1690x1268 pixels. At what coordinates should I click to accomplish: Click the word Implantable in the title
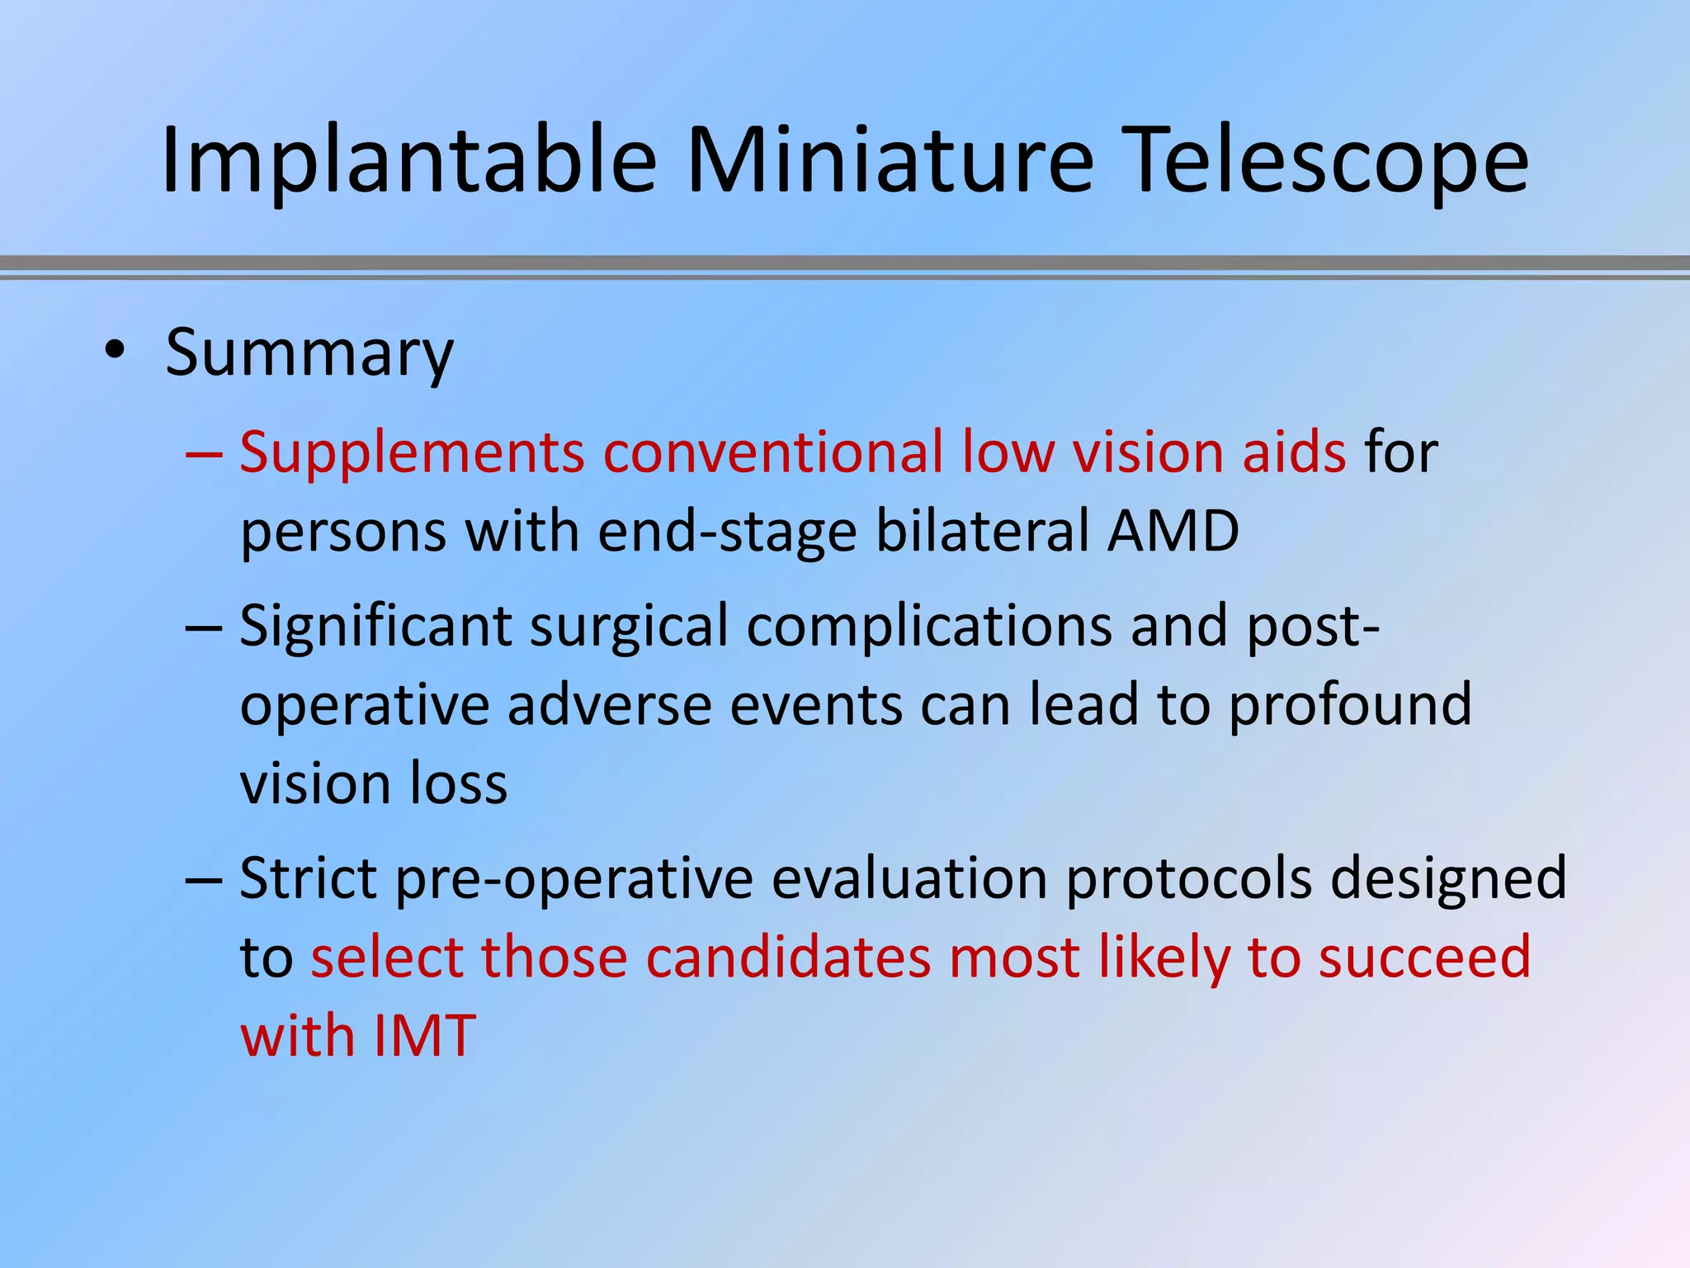pos(408,161)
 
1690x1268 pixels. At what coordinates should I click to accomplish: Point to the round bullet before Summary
pos(115,352)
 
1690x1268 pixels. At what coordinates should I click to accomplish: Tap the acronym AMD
pos(1173,531)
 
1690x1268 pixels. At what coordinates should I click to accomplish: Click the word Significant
pos(375,627)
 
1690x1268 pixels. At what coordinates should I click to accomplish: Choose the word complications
pos(929,627)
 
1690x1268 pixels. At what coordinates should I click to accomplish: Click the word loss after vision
pos(459,783)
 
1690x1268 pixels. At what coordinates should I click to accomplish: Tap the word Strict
pos(309,878)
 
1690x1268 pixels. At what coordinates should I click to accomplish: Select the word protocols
pos(1188,878)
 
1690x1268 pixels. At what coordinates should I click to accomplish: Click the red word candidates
pos(788,958)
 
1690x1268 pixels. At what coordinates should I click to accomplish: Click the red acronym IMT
pos(424,1036)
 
